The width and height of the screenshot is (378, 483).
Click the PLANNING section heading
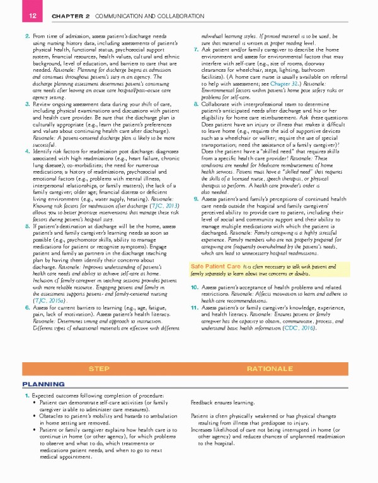(x=40, y=383)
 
